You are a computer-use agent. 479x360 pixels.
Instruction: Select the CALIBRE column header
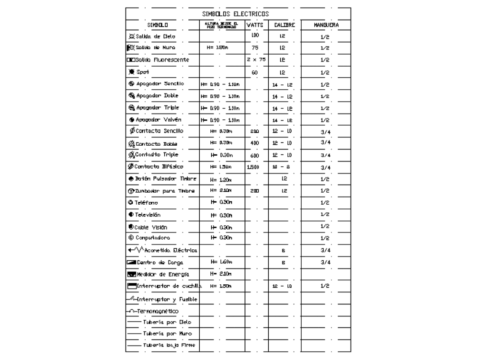(284, 24)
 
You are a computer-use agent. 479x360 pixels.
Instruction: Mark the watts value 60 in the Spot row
(255, 72)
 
